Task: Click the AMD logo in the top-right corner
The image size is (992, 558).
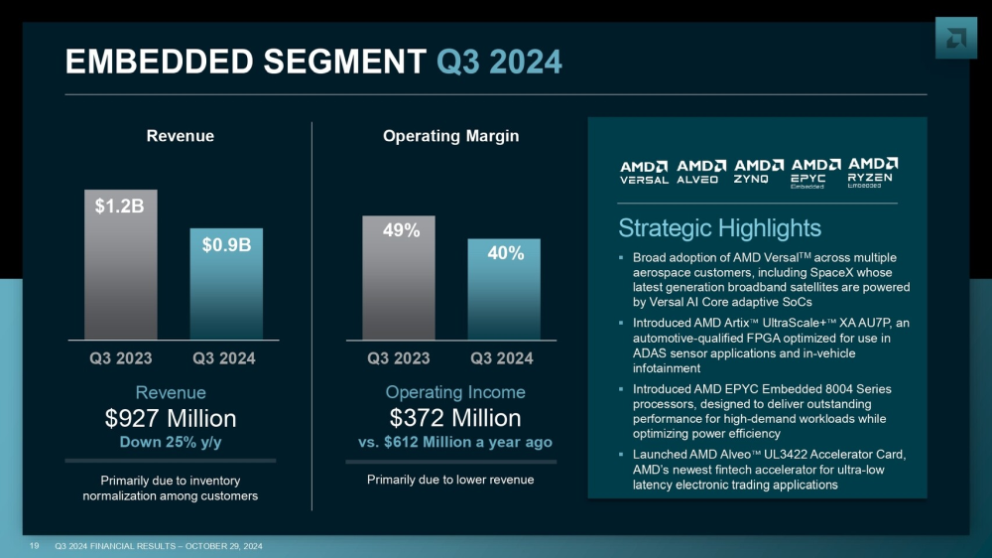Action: click(x=956, y=38)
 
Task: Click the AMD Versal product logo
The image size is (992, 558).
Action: click(x=644, y=172)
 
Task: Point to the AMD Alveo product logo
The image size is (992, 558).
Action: click(x=700, y=172)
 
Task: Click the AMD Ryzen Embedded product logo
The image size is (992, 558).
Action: click(x=874, y=172)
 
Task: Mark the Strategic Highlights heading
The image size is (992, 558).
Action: click(x=719, y=227)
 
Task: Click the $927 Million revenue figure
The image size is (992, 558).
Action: click(x=171, y=418)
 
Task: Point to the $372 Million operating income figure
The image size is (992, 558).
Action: click(x=453, y=418)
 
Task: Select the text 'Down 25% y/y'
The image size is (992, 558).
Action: click(x=171, y=443)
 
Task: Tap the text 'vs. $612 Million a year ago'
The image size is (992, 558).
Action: click(x=453, y=442)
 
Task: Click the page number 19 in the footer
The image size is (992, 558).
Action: click(x=34, y=546)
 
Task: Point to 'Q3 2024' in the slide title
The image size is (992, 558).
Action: click(x=499, y=63)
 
